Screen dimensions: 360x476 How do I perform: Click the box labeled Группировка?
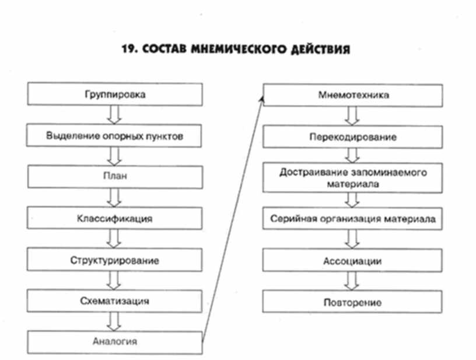click(x=115, y=93)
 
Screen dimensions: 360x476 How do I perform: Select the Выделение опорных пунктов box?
click(x=115, y=136)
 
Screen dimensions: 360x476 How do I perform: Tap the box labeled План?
click(x=115, y=176)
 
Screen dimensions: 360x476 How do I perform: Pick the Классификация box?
click(x=115, y=219)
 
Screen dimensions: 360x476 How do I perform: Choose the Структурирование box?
click(x=115, y=260)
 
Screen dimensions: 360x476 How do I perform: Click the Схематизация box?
click(x=115, y=301)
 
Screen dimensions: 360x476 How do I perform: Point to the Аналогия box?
click(x=115, y=341)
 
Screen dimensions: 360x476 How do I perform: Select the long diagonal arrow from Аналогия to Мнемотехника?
click(x=232, y=219)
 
